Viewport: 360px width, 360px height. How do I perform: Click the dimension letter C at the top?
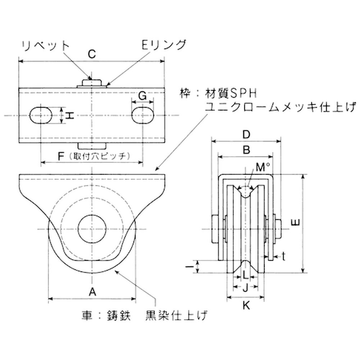click(91, 54)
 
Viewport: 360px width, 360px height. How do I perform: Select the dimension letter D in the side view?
click(246, 135)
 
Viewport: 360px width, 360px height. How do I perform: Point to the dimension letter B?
click(246, 150)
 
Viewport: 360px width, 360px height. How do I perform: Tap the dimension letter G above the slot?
click(143, 96)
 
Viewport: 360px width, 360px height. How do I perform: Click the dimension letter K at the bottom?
click(246, 306)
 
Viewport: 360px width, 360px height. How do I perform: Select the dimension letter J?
click(245, 287)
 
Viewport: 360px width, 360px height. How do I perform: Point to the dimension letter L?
click(245, 275)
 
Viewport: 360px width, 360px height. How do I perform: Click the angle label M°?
click(263, 167)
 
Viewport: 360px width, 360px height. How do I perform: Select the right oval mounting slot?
click(144, 115)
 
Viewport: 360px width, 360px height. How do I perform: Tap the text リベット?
click(45, 45)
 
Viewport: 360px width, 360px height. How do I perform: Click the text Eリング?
click(164, 45)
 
